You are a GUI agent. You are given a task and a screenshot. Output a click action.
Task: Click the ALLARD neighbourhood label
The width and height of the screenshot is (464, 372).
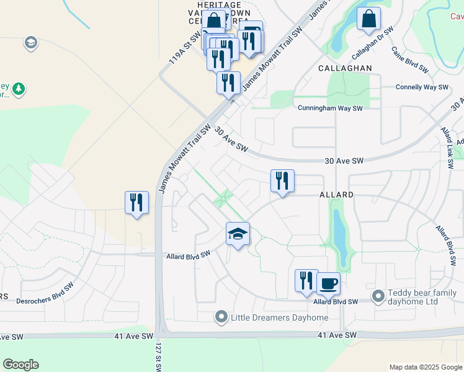[x=336, y=195]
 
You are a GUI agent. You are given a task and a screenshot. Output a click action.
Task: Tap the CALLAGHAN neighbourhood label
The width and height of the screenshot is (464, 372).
[x=345, y=68]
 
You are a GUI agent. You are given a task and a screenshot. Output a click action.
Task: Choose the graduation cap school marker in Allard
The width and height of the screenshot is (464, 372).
[x=238, y=234]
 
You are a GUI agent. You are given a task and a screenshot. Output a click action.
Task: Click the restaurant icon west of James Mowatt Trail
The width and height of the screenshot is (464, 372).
[x=136, y=202]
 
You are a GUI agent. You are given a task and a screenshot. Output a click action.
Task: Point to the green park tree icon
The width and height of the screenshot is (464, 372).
[x=19, y=89]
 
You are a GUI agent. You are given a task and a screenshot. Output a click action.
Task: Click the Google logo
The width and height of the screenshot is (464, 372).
[x=20, y=365]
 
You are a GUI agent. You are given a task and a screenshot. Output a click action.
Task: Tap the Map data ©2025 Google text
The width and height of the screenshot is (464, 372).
[x=424, y=367]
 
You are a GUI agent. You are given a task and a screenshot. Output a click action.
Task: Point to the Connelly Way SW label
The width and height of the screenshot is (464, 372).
[x=422, y=87]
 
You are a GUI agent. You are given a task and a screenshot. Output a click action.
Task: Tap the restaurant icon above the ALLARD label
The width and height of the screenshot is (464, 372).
[x=282, y=180]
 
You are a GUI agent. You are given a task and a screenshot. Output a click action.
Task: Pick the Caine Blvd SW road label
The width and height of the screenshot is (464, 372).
[x=410, y=60]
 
